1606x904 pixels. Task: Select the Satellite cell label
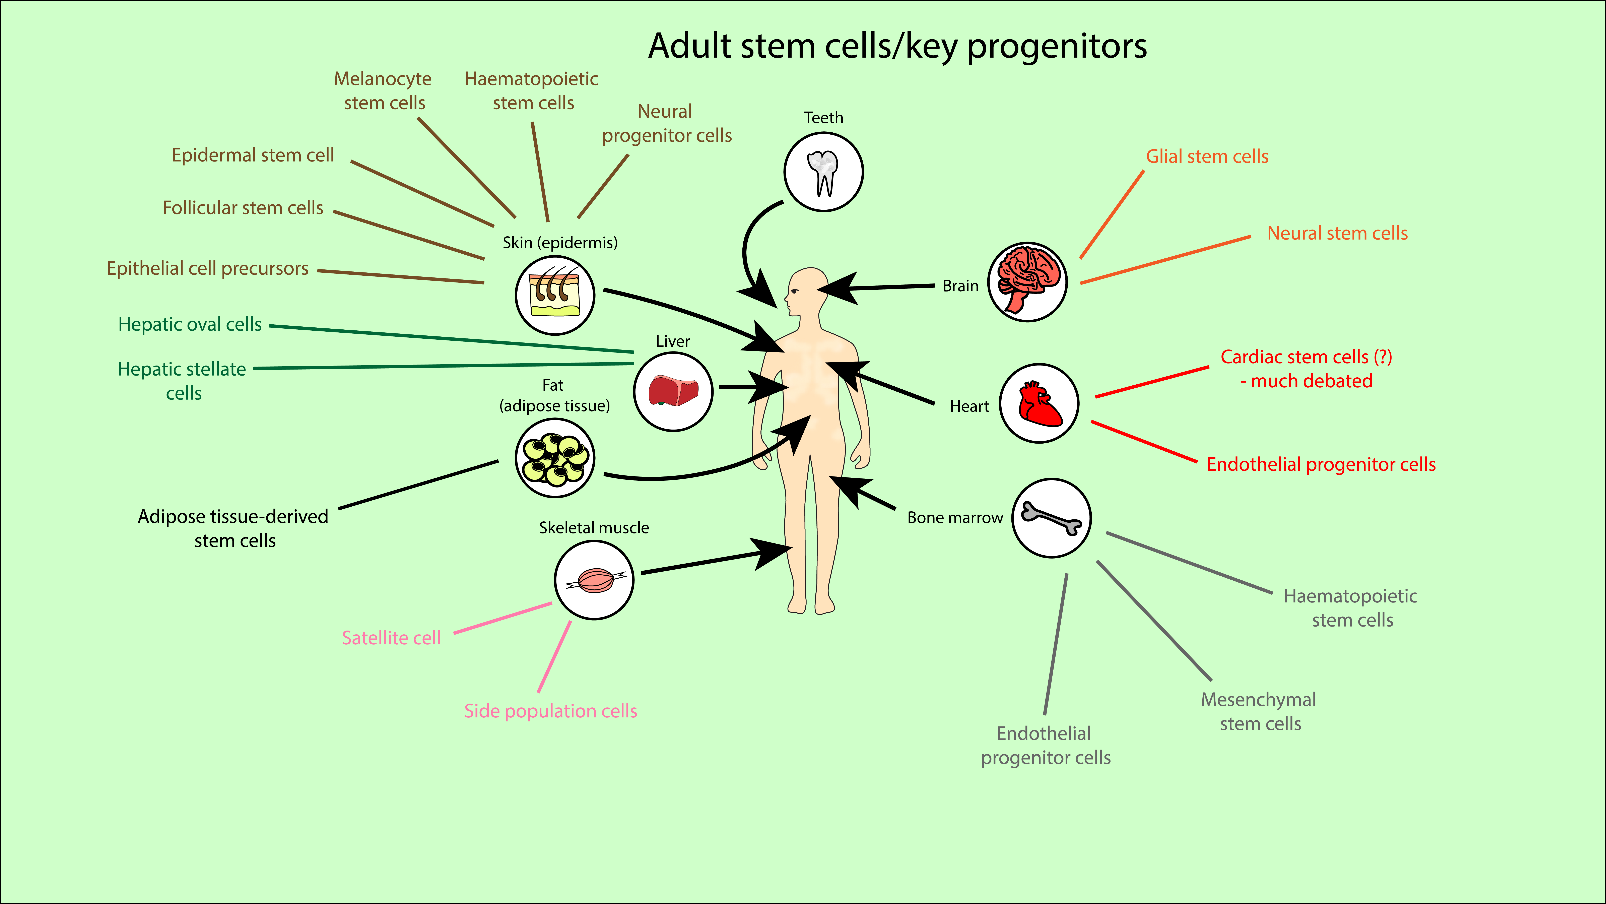pyautogui.click(x=391, y=638)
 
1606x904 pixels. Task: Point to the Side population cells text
pyautogui.click(x=550, y=711)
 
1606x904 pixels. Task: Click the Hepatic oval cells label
pyautogui.click(x=190, y=324)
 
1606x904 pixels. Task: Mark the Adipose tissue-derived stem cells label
pyautogui.click(x=233, y=528)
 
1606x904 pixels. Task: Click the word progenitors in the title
pyautogui.click(x=1057, y=46)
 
